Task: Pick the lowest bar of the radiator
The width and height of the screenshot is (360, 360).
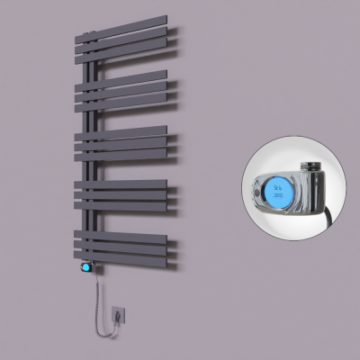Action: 126,254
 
